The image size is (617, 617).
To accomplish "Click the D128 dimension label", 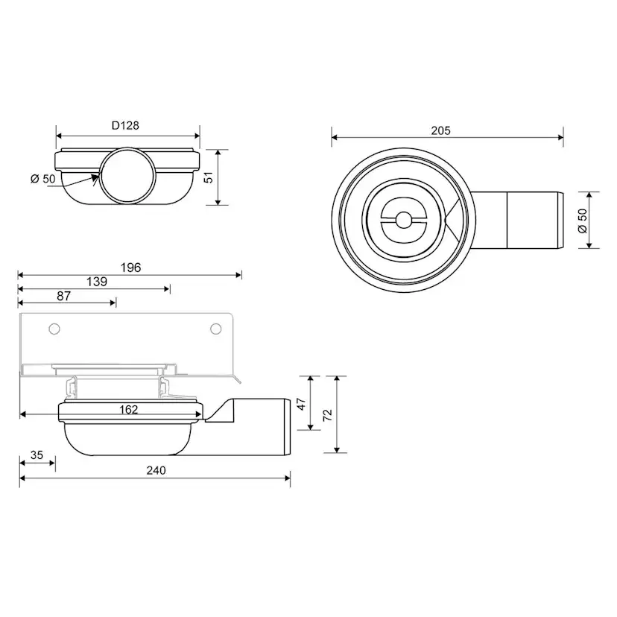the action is point(125,125).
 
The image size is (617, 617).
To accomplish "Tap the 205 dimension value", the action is point(440,130).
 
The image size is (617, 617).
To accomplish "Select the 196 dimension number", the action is point(130,268).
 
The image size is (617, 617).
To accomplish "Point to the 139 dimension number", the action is point(97,282).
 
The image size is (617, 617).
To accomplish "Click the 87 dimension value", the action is point(64,296).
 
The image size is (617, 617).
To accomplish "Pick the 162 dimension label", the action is point(129,410).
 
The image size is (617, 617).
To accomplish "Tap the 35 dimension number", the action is point(37,455).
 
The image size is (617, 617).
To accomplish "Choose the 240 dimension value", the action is point(156,470).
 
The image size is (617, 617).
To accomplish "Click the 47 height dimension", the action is point(302,404).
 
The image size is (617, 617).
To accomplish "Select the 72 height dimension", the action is point(327,415).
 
